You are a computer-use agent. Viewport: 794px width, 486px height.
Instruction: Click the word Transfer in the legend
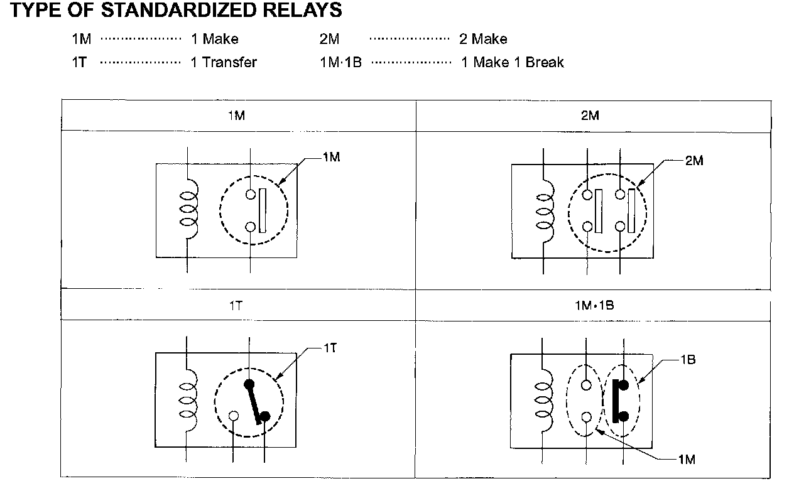tap(229, 62)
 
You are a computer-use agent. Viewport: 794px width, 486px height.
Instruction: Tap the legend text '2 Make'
tap(483, 39)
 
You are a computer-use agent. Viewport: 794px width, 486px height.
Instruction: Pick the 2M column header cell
tap(592, 116)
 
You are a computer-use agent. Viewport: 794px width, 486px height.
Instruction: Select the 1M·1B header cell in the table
tap(592, 306)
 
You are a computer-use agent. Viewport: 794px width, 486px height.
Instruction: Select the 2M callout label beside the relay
tap(694, 161)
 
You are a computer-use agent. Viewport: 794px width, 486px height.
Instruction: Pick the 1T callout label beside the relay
tap(330, 348)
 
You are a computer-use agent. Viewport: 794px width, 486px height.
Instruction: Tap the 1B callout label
tap(687, 360)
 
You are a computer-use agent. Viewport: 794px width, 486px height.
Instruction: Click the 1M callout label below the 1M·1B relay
tap(687, 460)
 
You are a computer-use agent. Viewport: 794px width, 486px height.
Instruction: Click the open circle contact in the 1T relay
tap(234, 416)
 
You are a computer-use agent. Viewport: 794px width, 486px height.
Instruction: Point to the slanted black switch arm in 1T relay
tap(256, 402)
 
